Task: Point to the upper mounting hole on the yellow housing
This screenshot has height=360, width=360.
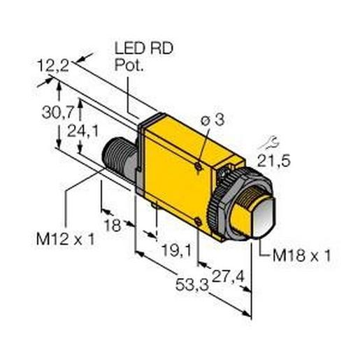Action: pyautogui.click(x=199, y=166)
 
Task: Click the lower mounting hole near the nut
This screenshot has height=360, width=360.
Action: pyautogui.click(x=201, y=222)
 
